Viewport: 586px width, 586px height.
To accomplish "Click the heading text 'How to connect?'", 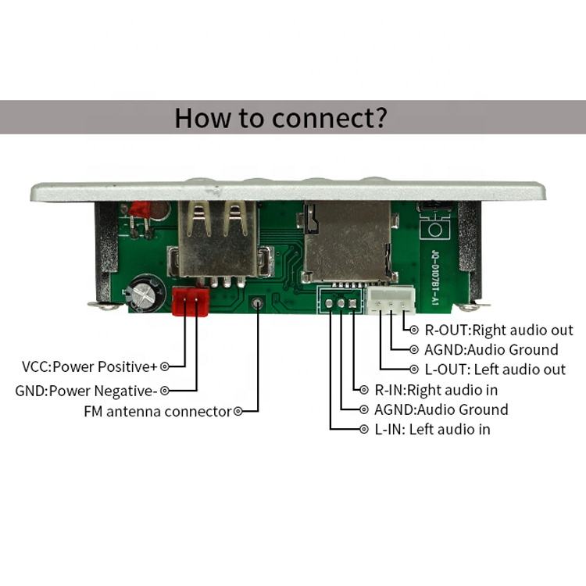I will pyautogui.click(x=280, y=118).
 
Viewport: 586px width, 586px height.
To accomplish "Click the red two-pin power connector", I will pyautogui.click(x=191, y=301).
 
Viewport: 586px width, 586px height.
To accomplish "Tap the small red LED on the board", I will pyautogui.click(x=141, y=209).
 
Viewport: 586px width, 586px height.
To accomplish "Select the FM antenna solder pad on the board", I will pyautogui.click(x=257, y=304).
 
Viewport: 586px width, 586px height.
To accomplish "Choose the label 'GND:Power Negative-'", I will pyautogui.click(x=87, y=389).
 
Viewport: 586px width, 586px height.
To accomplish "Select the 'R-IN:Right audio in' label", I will pyautogui.click(x=436, y=389).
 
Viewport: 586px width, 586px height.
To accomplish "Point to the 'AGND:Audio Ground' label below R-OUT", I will pyautogui.click(x=491, y=350).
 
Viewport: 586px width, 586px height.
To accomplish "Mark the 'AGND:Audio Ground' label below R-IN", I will pyautogui.click(x=441, y=409).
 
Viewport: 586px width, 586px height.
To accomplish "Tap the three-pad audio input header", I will pyautogui.click(x=341, y=302).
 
